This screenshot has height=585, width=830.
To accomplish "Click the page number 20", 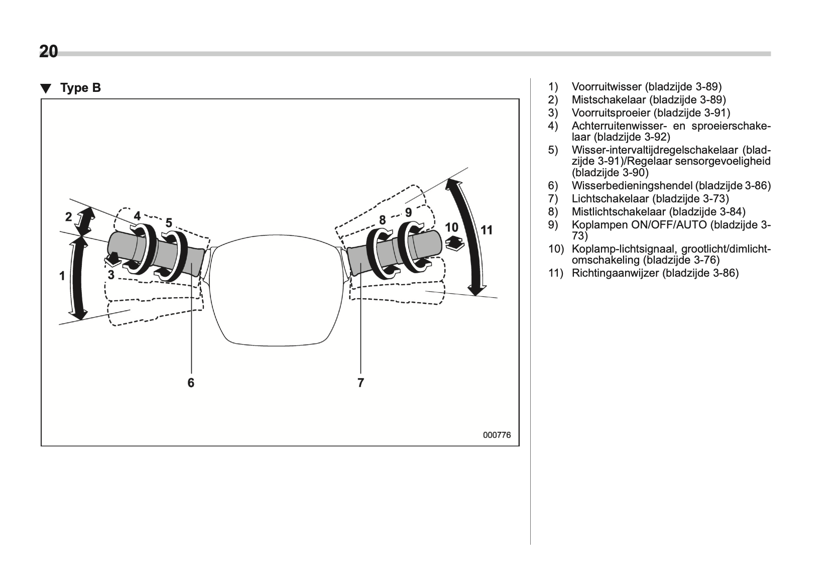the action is click(49, 52).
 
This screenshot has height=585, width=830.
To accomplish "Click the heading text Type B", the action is click(80, 88).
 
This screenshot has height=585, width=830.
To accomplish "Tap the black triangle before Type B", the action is click(46, 88).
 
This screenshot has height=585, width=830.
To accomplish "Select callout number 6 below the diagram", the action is click(191, 383).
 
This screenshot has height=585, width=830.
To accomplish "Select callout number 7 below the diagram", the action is click(361, 383).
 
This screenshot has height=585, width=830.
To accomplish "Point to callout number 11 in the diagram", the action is click(487, 230).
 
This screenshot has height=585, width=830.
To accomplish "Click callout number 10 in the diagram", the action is click(451, 227).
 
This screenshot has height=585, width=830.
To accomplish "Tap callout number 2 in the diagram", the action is click(69, 217).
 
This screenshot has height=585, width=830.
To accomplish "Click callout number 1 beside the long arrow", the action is click(62, 276).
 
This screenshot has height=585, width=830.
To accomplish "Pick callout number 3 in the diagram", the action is click(111, 275).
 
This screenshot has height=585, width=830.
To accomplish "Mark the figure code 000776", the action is click(497, 435).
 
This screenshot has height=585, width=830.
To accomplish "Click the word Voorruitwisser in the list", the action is click(607, 87).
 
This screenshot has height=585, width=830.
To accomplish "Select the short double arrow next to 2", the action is click(85, 221).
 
